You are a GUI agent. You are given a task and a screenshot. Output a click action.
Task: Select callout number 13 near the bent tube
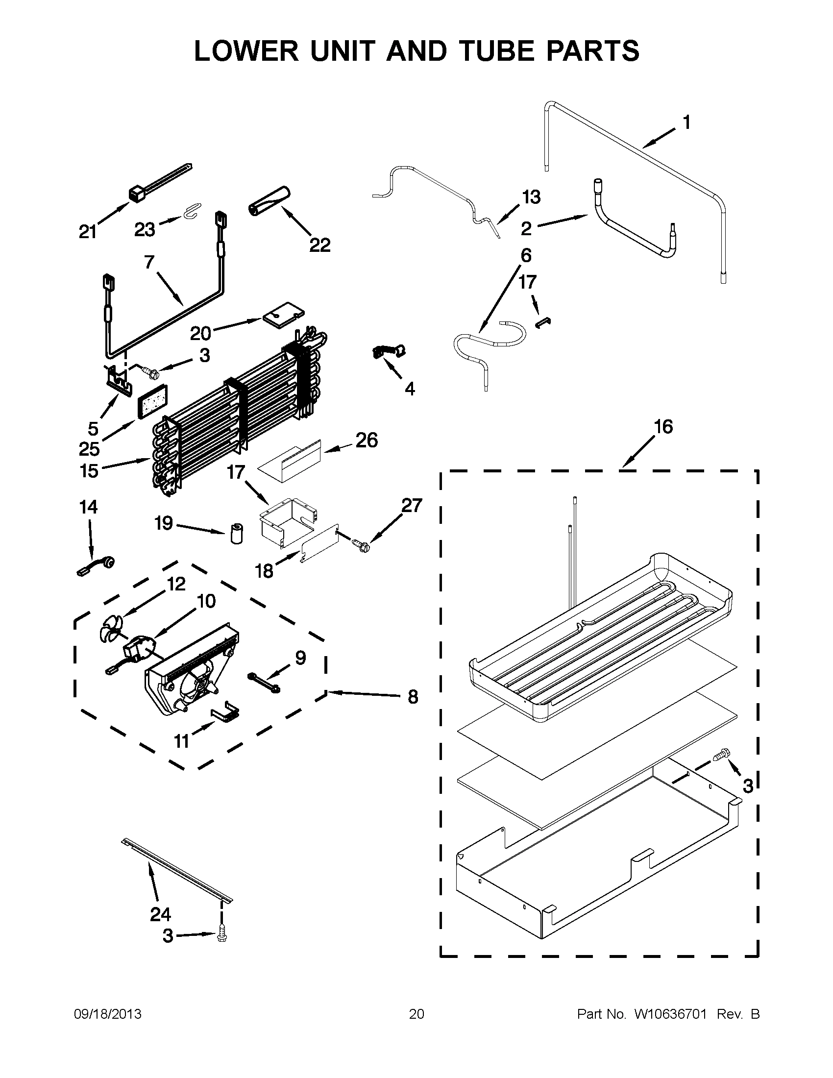[x=531, y=197]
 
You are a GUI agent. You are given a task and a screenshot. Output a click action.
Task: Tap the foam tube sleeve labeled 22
[x=269, y=200]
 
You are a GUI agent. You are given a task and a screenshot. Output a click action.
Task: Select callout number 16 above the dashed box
[x=663, y=426]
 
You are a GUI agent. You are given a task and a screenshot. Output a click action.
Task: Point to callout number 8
[x=413, y=696]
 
